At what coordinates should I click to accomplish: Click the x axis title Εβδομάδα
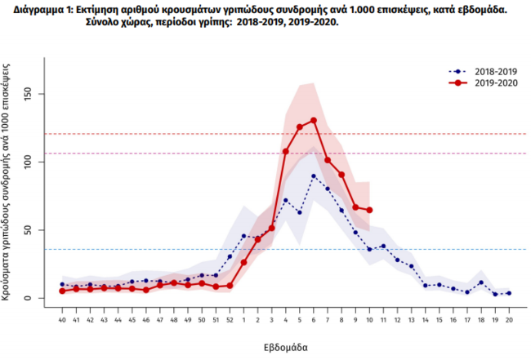tap(285, 347)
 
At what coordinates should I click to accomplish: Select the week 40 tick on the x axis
tap(62, 319)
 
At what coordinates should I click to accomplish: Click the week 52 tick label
tap(230, 319)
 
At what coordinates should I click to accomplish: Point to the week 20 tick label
tap(509, 319)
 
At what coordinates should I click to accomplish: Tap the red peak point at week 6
tap(314, 121)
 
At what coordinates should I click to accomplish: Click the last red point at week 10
tap(370, 210)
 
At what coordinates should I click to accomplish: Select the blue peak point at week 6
tap(314, 176)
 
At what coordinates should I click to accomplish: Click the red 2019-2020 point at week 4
tap(286, 151)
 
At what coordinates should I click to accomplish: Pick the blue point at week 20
tap(509, 293)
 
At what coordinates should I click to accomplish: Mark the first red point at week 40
tap(62, 291)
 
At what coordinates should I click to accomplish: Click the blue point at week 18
tap(481, 282)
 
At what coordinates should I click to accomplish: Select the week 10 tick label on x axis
tap(370, 319)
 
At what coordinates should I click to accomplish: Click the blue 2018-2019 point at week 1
tap(243, 236)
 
